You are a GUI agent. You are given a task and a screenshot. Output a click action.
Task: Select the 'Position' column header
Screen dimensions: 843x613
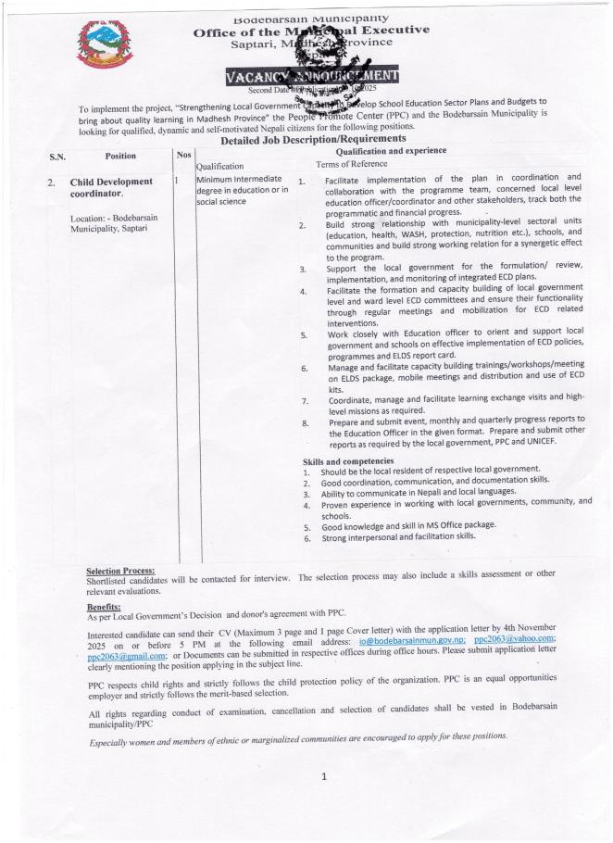click(x=120, y=156)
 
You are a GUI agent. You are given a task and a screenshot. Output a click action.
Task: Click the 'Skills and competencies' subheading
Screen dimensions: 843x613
click(x=361, y=461)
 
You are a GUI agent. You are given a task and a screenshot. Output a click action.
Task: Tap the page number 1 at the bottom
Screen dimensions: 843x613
click(x=323, y=776)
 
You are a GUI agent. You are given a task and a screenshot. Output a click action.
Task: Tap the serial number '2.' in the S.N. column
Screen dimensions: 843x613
click(x=52, y=182)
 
